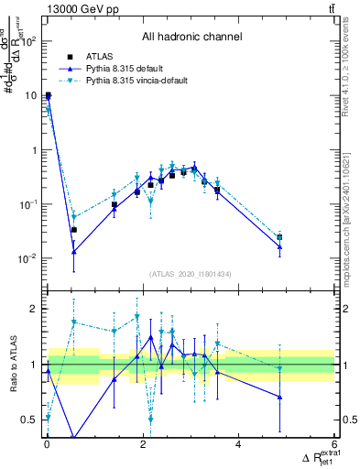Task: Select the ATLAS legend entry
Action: (100, 56)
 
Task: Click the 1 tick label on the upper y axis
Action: (35, 149)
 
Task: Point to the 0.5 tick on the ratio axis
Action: (27, 420)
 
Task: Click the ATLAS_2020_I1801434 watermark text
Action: (191, 274)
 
